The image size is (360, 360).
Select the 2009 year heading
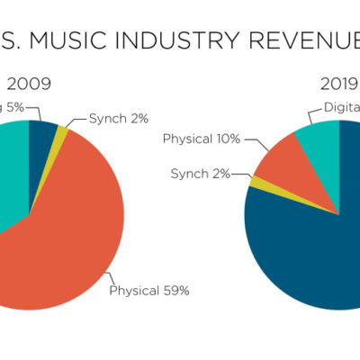click(x=29, y=85)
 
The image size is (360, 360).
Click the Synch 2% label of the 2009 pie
click(x=120, y=118)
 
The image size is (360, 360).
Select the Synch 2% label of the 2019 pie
click(x=203, y=172)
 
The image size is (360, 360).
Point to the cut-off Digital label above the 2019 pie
click(x=341, y=112)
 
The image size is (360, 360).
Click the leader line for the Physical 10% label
click(x=250, y=144)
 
